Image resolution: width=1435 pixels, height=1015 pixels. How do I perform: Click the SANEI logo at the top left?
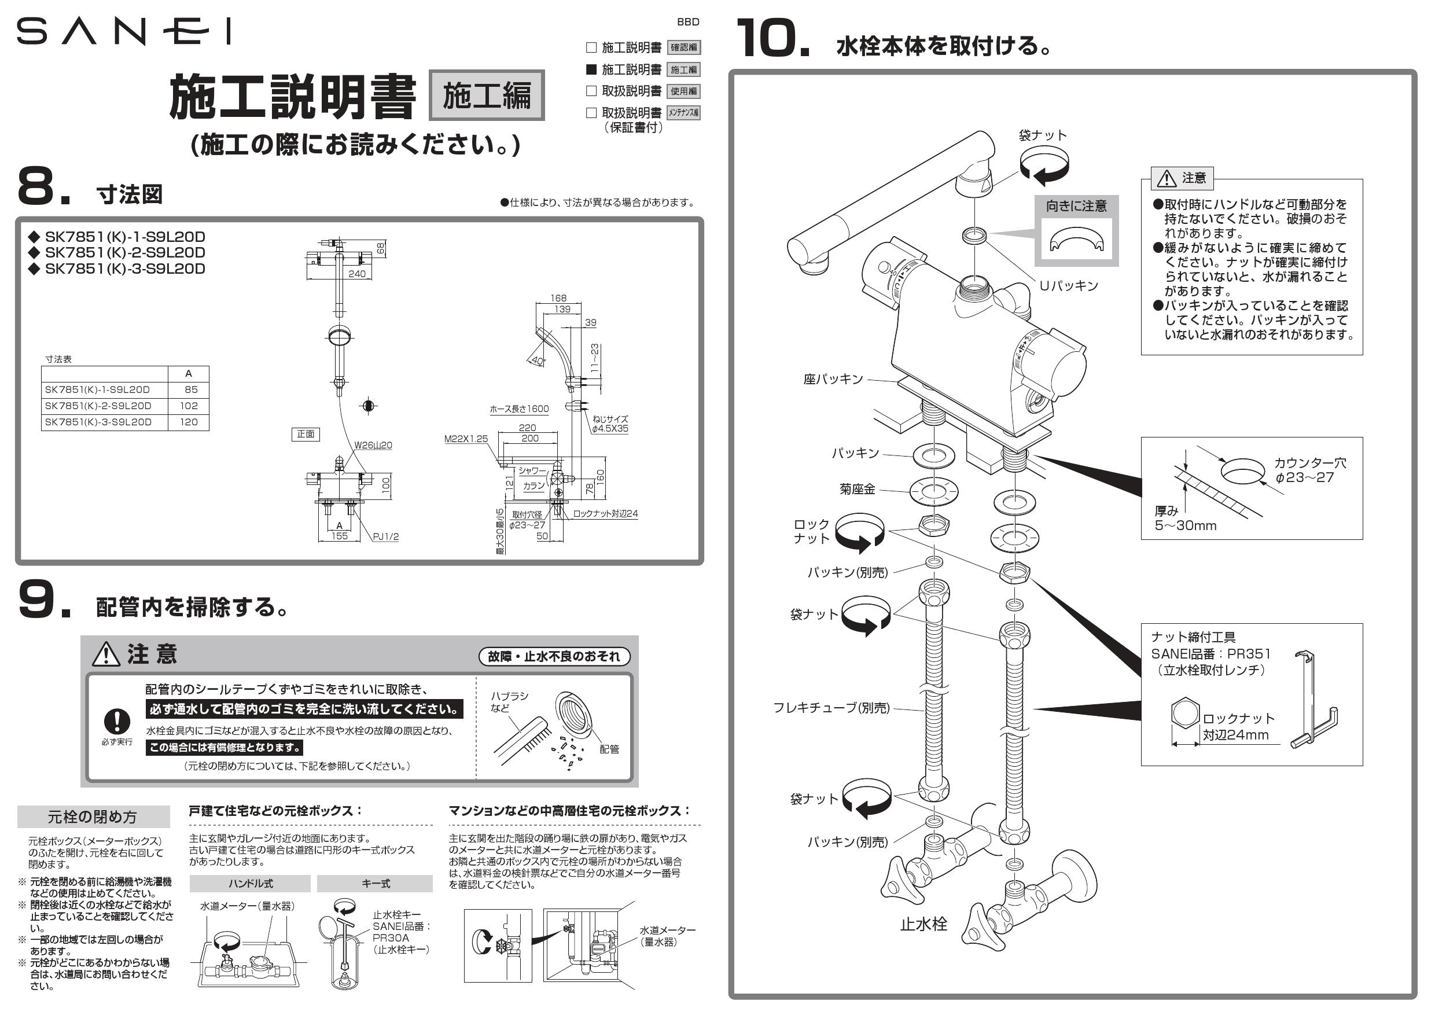pyautogui.click(x=123, y=31)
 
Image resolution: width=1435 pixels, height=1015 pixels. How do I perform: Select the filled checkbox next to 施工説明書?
pyautogui.click(x=591, y=69)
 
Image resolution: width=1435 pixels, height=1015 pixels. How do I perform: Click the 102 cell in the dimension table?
pyautogui.click(x=188, y=406)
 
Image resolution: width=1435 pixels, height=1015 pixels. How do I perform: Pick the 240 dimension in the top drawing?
pyautogui.click(x=356, y=274)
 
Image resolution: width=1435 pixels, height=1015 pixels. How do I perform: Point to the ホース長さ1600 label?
pyautogui.click(x=519, y=409)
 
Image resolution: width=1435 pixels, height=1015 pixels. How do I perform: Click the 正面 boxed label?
pyautogui.click(x=306, y=434)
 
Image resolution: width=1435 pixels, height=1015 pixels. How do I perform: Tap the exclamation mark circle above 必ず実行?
pyautogui.click(x=117, y=721)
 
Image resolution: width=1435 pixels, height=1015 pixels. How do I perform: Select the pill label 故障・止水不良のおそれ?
pyautogui.click(x=554, y=656)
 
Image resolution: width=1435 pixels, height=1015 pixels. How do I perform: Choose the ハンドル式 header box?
pyautogui.click(x=250, y=883)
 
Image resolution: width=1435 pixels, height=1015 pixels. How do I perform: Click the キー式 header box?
pyautogui.click(x=375, y=883)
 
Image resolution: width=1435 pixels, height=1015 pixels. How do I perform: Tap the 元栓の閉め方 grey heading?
pyautogui.click(x=93, y=817)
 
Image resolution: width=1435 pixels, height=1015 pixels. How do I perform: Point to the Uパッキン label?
pyautogui.click(x=1068, y=286)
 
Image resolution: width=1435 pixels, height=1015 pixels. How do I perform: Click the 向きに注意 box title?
pyautogui.click(x=1076, y=205)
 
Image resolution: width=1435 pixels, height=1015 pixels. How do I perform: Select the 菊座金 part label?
pyautogui.click(x=857, y=490)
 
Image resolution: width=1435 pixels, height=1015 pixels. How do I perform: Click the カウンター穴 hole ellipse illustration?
pyautogui.click(x=1243, y=471)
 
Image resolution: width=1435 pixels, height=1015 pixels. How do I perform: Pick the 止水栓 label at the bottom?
pyautogui.click(x=923, y=924)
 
